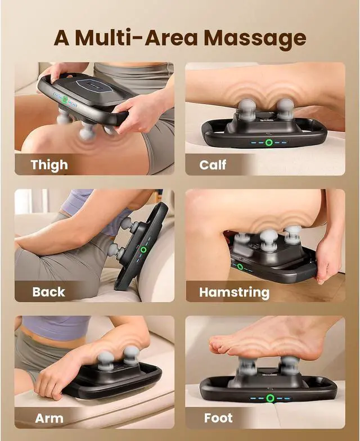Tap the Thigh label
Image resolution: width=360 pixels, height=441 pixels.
click(x=49, y=165)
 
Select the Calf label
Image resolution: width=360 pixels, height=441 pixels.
click(x=213, y=165)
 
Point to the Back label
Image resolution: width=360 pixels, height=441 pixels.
click(x=48, y=292)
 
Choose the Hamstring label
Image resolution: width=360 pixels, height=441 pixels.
click(x=234, y=292)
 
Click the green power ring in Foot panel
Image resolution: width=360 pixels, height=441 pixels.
click(x=271, y=398)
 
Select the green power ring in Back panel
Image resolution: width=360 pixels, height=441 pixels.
click(x=143, y=249)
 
